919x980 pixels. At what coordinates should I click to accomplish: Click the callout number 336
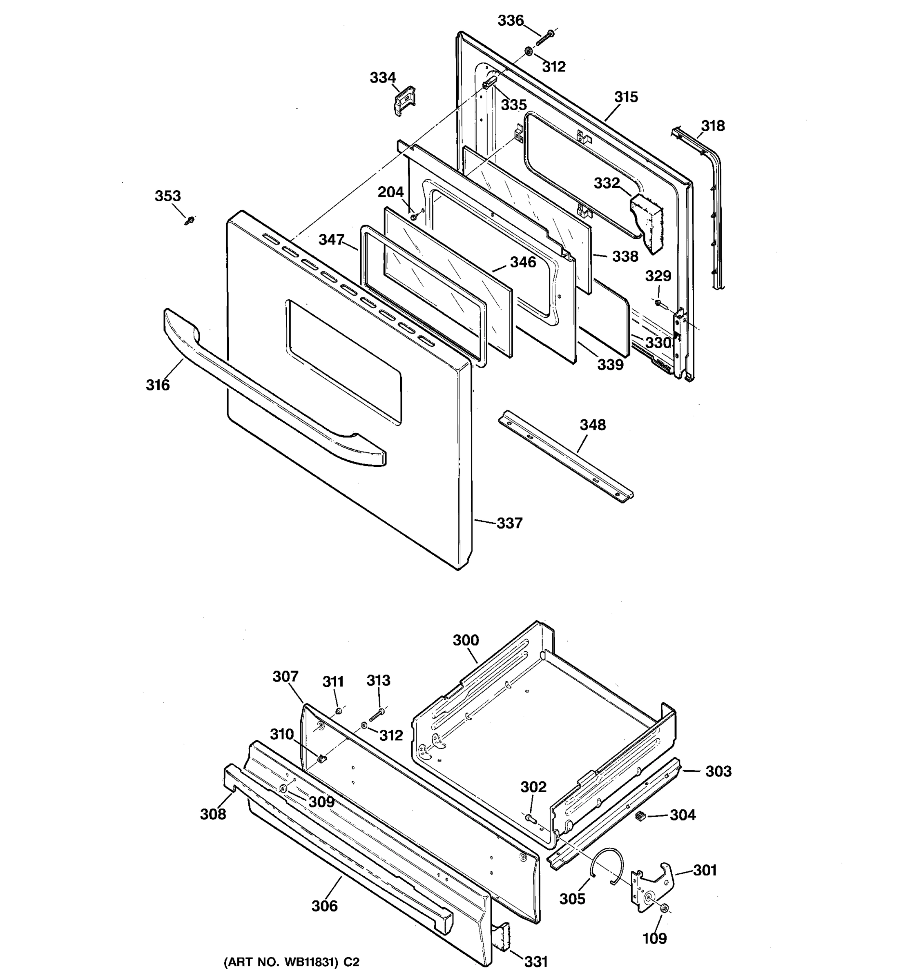pos(510,21)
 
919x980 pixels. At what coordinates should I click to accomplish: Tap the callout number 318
pos(713,126)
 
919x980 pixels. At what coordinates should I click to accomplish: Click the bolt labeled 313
pos(377,713)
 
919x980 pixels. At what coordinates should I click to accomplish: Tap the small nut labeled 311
pos(339,711)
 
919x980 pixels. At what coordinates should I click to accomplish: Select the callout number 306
pos(324,906)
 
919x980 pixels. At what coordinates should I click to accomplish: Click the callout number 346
pos(523,262)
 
